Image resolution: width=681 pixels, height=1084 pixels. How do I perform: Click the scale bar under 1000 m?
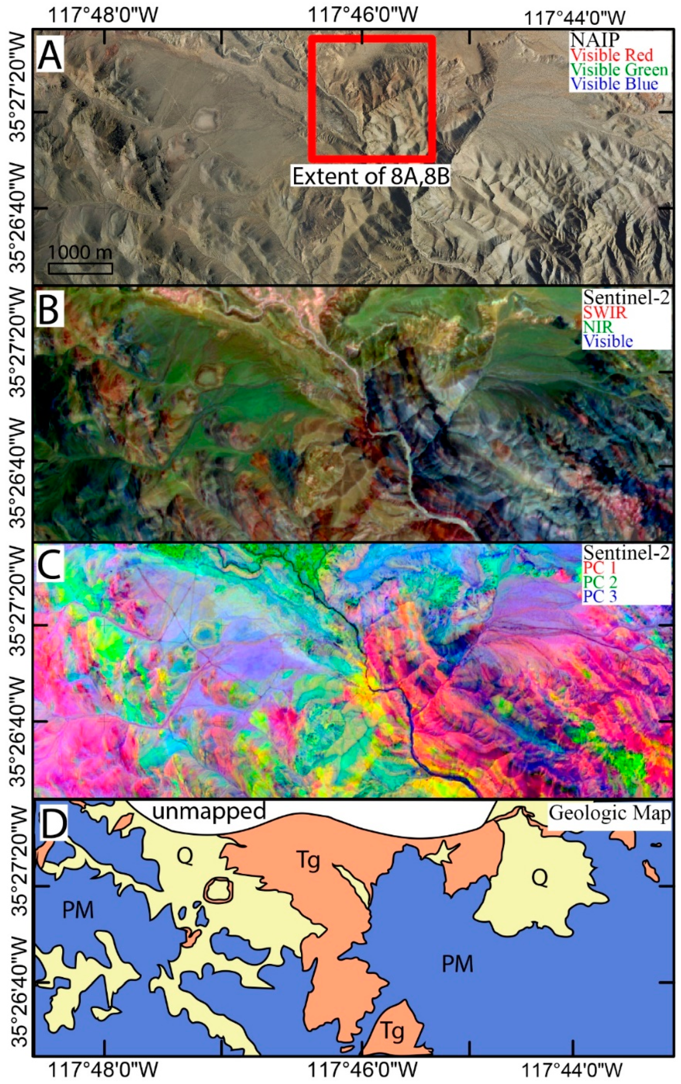tap(80, 269)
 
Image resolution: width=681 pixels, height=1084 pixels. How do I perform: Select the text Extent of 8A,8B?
tap(372, 176)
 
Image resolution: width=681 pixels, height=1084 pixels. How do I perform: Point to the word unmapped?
tap(208, 811)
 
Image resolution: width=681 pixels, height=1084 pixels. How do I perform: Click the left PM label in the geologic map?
tap(78, 910)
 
